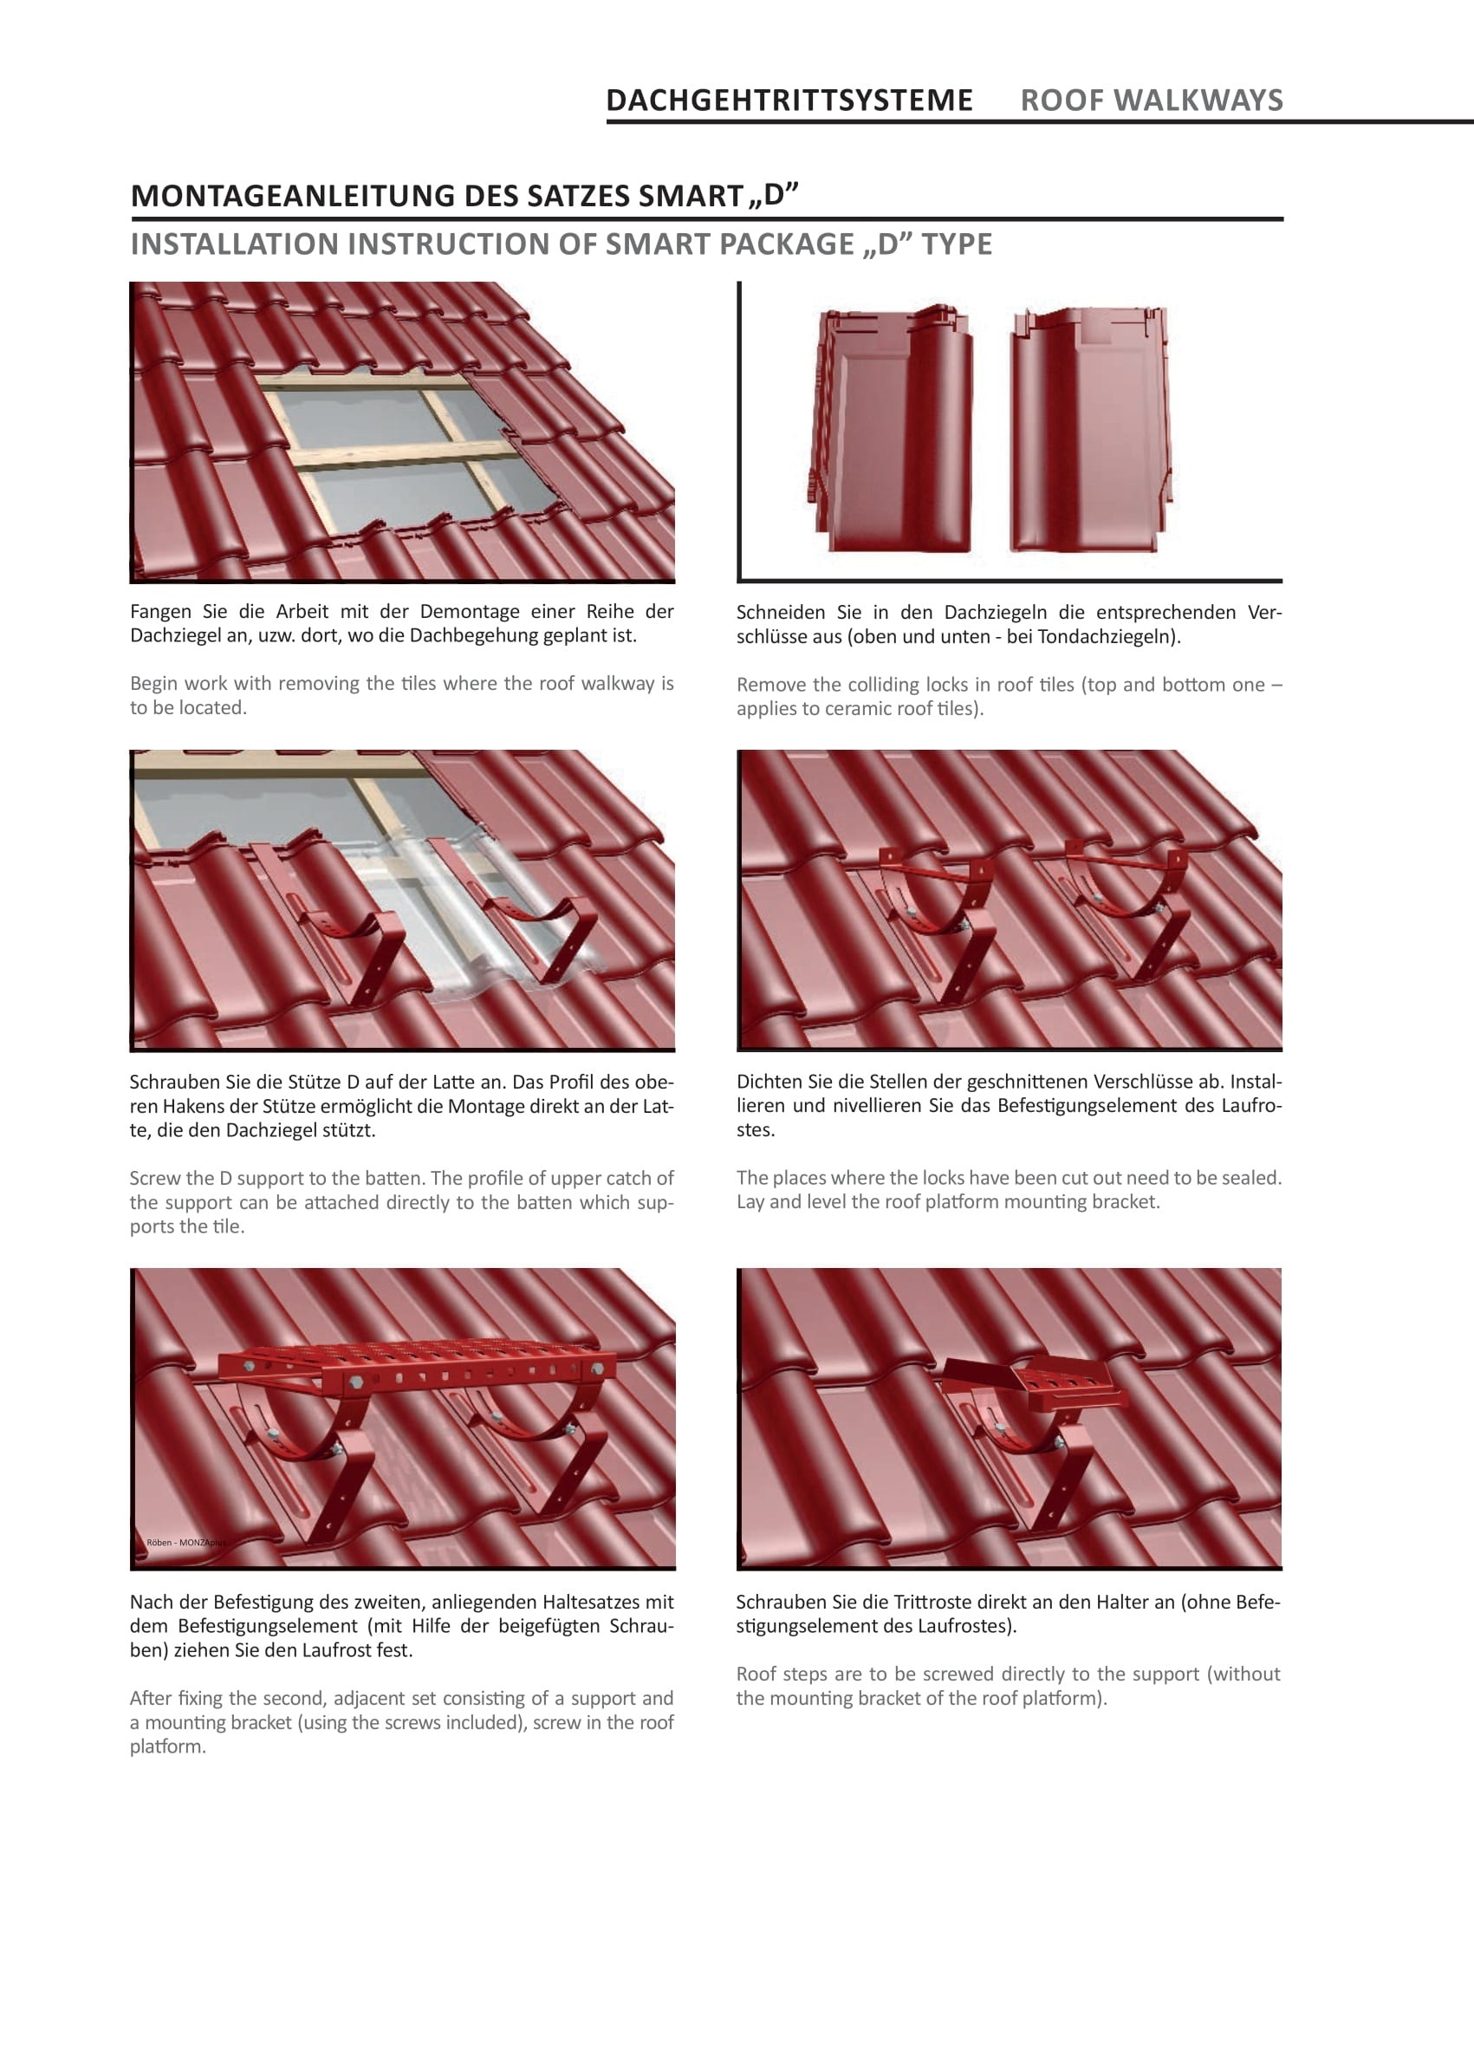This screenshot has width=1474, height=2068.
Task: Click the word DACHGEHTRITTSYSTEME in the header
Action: tap(789, 100)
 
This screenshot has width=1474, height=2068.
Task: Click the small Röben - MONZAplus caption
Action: tap(185, 1543)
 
